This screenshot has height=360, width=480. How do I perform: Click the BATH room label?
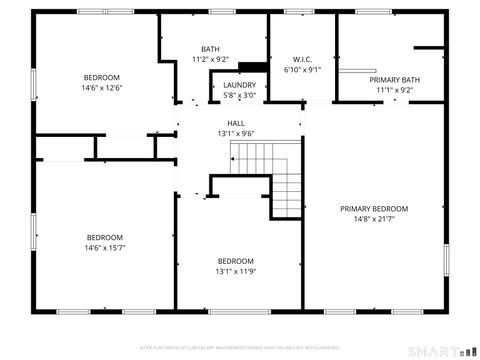click(210, 49)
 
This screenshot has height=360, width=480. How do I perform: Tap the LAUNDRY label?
click(239, 85)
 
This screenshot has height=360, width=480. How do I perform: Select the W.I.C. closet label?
click(303, 59)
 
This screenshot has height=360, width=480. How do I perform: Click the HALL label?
click(236, 123)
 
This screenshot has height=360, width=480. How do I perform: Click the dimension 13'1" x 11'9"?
click(236, 271)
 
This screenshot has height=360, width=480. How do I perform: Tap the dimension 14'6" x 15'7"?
click(104, 247)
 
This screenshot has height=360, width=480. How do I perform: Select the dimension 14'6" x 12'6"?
click(102, 88)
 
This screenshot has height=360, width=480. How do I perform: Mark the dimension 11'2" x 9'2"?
click(210, 59)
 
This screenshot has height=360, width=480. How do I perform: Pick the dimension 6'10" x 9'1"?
click(303, 70)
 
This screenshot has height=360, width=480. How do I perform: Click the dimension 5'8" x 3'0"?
click(239, 96)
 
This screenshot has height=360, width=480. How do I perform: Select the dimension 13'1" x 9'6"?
click(236, 133)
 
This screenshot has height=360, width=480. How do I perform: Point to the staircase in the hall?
click(270, 175)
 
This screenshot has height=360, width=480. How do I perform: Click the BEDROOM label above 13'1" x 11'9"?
click(236, 260)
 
